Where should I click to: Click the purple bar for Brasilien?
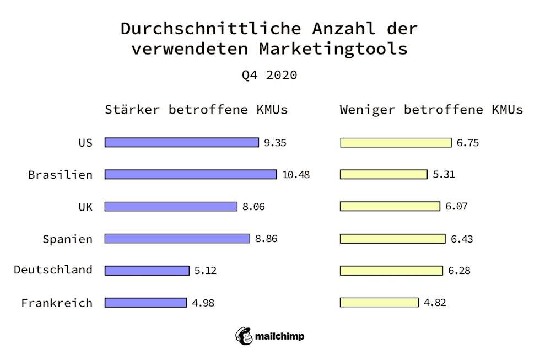pos(191,174)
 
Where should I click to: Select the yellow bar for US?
pos(396,143)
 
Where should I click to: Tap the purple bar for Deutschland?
pos(147,271)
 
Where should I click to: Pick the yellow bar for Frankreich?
pos(379,302)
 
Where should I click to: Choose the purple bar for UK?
pos(171,207)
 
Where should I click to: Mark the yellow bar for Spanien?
pos(393,239)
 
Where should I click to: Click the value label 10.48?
pos(296,175)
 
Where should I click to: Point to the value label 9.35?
pos(275,143)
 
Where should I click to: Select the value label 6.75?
pos(467,143)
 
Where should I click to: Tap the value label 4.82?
pos(434,302)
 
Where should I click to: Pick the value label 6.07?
pos(456,207)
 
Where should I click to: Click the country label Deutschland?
pos(53,270)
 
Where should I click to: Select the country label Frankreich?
pos(57,303)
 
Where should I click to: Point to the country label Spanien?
pos(67,239)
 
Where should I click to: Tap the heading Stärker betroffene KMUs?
pos(196,110)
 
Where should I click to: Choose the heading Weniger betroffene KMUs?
pos(431,110)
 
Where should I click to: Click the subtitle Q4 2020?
pos(269,75)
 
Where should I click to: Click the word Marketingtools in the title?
pos(333,49)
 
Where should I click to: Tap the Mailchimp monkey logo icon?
pos(244,336)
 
